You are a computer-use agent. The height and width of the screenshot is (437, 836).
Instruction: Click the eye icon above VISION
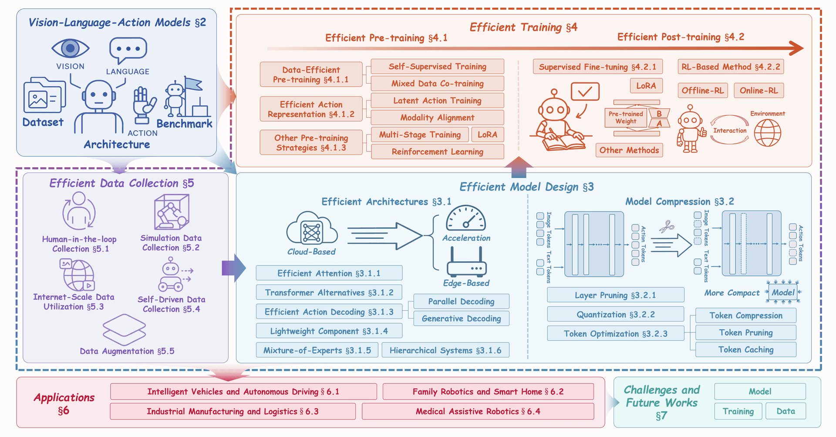tap(70, 48)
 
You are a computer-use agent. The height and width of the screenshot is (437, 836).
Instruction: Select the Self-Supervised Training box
tap(437, 67)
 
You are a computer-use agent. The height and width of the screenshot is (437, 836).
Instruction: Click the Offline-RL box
tap(703, 91)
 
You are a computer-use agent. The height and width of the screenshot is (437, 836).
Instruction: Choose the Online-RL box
tap(759, 91)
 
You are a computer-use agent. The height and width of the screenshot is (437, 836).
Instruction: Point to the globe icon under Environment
tap(768, 133)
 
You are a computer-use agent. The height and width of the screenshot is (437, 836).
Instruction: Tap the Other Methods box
tap(629, 150)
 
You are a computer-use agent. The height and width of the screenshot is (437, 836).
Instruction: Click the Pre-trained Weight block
tap(626, 118)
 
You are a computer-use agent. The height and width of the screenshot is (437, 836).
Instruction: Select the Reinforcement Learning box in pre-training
tap(437, 152)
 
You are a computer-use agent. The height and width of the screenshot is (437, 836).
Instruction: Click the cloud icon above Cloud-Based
tap(312, 228)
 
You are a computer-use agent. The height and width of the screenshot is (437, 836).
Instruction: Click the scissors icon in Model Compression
tap(666, 227)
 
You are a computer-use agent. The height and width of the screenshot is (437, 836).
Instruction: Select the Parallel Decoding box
tap(461, 301)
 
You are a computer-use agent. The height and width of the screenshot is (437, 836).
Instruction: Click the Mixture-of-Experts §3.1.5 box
tap(317, 350)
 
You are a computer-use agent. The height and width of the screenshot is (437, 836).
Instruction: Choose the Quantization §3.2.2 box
tap(616, 314)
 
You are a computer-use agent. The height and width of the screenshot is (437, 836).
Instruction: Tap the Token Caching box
tap(746, 349)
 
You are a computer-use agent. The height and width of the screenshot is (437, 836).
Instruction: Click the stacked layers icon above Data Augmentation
tap(124, 329)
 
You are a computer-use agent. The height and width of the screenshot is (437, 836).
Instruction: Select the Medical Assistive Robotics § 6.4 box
tap(478, 411)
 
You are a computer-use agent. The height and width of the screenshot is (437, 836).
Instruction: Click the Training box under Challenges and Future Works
tap(738, 411)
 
